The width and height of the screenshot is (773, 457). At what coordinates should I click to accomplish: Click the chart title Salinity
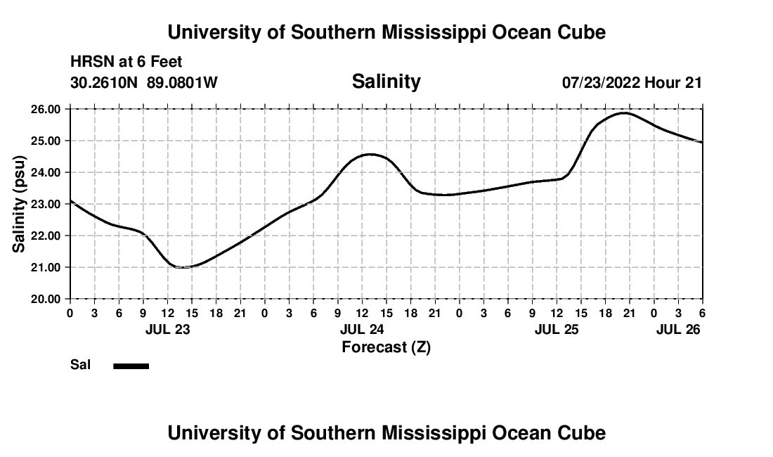386,82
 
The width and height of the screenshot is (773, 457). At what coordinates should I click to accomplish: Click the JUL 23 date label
167,329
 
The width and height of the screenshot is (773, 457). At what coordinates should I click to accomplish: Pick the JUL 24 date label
362,329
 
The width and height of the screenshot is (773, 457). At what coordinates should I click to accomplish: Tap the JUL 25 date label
557,329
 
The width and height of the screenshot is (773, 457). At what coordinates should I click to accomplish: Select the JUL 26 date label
678,329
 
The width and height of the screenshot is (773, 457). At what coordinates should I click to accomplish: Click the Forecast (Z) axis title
386,347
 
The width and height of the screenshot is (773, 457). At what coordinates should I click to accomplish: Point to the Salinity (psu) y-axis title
19,204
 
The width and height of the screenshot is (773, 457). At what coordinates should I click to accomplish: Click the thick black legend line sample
131,366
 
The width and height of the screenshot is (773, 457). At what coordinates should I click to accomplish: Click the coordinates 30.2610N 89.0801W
144,83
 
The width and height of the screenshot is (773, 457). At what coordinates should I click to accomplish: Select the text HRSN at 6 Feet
126,63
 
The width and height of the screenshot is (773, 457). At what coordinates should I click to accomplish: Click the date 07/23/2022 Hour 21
632,83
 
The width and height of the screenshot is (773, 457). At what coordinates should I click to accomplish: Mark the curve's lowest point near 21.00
182,267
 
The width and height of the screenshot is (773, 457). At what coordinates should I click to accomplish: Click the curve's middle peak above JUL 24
370,154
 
